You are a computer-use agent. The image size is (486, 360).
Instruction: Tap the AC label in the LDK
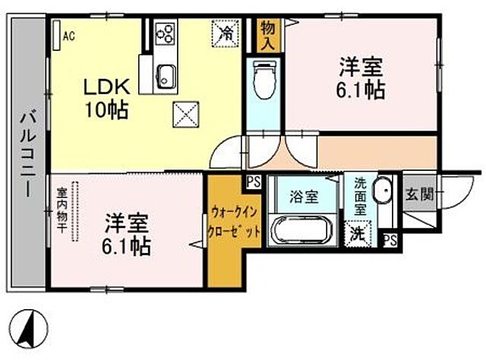coord(68,35)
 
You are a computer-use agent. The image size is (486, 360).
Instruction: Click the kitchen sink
coord(166,74)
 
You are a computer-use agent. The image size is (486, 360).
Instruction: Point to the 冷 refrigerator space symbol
coord(226,33)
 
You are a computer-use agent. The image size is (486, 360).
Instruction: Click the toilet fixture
coord(264,81)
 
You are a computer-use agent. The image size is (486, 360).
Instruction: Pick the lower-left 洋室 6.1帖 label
coord(126,235)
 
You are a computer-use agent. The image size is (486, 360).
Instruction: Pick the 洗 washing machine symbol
coord(356,234)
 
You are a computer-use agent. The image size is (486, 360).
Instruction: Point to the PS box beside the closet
coord(253,182)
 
